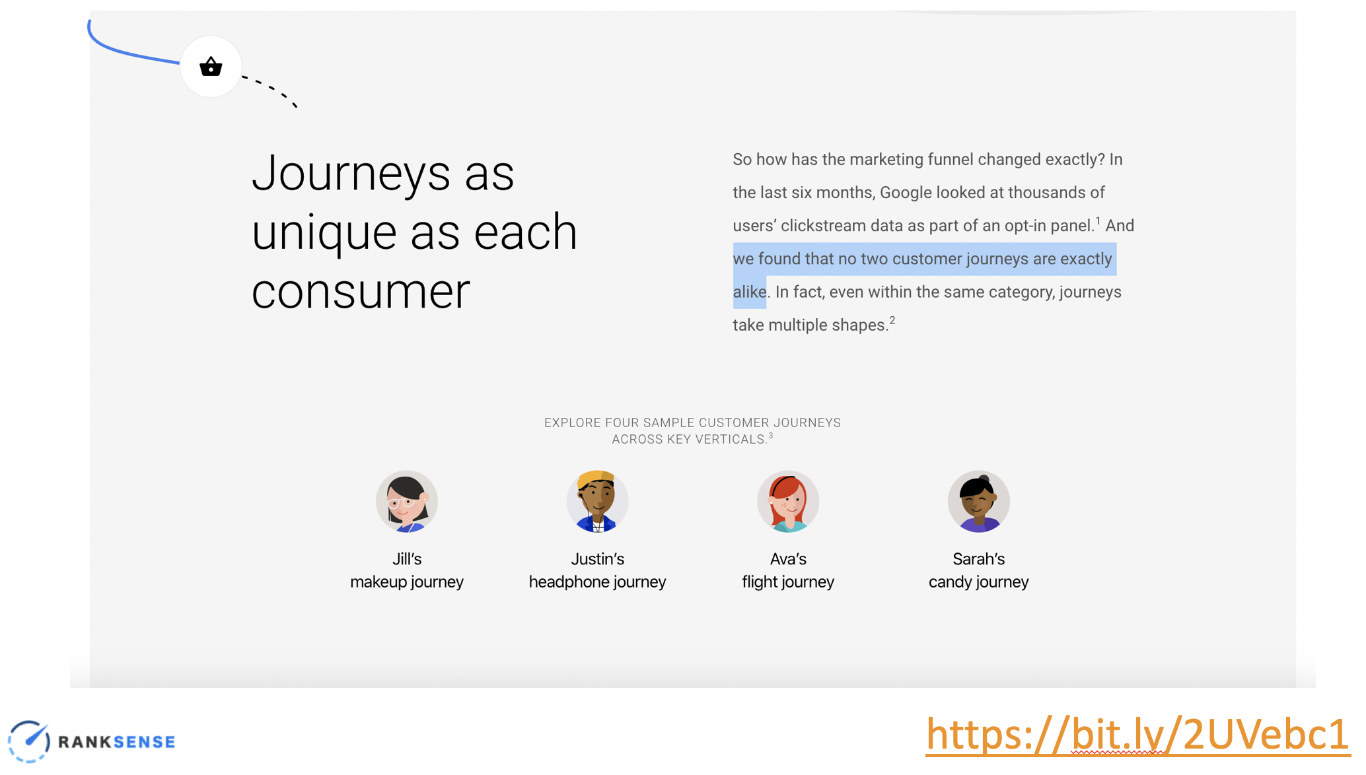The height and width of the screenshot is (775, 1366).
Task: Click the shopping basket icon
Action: [211, 67]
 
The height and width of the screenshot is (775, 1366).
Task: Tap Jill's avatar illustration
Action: [407, 501]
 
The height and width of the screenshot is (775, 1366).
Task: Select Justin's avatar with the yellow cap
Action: [597, 501]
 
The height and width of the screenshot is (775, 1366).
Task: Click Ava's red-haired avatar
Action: [788, 501]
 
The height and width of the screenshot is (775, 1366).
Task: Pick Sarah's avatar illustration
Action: [978, 501]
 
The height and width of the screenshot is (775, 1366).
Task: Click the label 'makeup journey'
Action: [407, 582]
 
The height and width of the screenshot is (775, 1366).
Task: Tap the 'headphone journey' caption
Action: [597, 582]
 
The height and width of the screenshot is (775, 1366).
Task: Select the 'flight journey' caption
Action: [788, 582]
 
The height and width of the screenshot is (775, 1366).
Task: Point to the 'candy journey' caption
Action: [978, 582]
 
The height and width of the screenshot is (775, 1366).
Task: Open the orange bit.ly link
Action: [1137, 734]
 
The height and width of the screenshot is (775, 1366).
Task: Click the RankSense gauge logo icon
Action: [29, 741]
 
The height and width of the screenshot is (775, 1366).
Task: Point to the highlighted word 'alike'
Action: [750, 292]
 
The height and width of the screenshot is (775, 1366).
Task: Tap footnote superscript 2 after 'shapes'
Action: [892, 320]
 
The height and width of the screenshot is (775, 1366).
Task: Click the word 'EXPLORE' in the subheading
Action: [573, 422]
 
